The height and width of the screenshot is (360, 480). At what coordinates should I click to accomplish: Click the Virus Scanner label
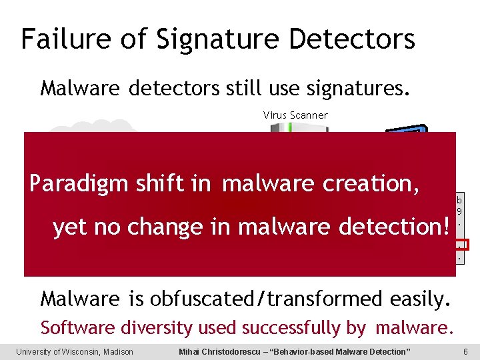point(295,115)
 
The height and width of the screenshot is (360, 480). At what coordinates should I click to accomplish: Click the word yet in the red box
point(69,227)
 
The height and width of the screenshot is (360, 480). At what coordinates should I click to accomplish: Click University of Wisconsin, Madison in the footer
point(75,351)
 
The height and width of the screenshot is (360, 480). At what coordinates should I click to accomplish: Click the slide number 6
point(465,351)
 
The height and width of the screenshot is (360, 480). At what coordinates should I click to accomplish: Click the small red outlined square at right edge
point(463,244)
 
